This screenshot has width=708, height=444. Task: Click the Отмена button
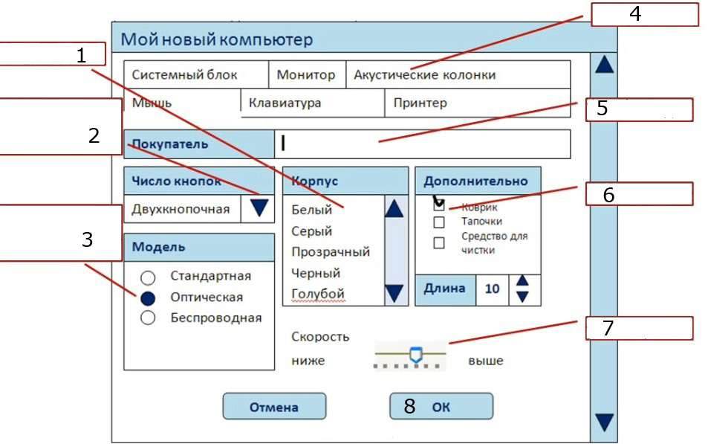[x=274, y=407]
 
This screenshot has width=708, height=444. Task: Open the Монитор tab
[x=306, y=75]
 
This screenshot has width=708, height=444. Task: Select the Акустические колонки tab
[x=424, y=75]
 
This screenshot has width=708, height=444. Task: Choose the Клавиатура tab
[x=285, y=103]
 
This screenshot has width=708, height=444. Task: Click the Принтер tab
[x=420, y=103]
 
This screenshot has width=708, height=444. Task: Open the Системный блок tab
[x=195, y=75]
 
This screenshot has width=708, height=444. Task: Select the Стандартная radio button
[x=148, y=277]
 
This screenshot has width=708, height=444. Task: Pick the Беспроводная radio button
[x=148, y=318]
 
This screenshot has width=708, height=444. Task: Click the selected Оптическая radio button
[x=148, y=298]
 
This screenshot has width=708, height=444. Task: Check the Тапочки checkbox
[x=439, y=222]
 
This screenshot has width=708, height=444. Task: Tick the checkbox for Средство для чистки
[x=439, y=242]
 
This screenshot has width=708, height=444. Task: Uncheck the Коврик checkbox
[x=439, y=207]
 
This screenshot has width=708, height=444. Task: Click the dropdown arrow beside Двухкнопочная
[x=259, y=208]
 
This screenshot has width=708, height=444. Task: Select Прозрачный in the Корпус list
[x=330, y=252]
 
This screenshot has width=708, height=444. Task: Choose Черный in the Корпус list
[x=316, y=273]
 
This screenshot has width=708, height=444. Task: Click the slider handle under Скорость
[x=416, y=355]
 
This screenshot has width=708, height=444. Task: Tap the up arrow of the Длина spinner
[x=522, y=281]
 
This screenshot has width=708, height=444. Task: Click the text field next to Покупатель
[x=422, y=144]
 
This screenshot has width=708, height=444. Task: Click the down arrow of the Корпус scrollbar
[x=394, y=293]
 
